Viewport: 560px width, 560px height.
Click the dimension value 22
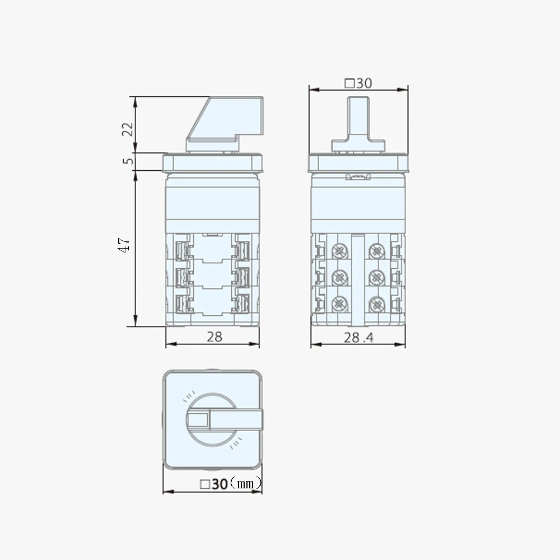(x=128, y=129)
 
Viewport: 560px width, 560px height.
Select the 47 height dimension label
(x=125, y=245)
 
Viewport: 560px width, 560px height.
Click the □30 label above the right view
(x=358, y=83)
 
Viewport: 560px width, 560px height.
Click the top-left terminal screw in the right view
(x=339, y=251)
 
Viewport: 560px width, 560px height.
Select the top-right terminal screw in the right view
(x=376, y=251)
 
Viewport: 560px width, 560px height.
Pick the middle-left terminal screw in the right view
(x=339, y=277)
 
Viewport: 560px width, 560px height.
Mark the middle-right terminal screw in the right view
(x=376, y=277)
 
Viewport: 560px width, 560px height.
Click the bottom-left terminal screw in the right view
(x=339, y=304)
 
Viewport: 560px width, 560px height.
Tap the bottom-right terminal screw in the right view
(x=376, y=304)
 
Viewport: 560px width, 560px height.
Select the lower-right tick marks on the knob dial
(x=237, y=443)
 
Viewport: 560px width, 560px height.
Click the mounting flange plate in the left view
(x=213, y=163)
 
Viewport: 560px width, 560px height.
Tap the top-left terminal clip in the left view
(x=181, y=249)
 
